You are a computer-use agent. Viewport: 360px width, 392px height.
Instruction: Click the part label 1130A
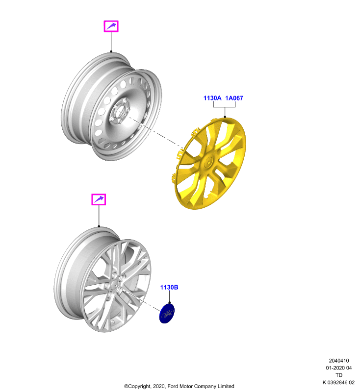[x=212, y=98]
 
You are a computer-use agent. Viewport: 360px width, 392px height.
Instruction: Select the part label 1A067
[x=234, y=98]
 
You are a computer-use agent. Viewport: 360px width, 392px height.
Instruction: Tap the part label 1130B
[x=169, y=288]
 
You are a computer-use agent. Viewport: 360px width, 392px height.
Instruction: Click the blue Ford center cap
[x=167, y=314]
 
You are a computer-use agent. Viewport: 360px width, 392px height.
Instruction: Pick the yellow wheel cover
[x=210, y=164]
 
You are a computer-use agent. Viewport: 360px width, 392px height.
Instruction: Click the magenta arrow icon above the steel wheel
[x=111, y=26]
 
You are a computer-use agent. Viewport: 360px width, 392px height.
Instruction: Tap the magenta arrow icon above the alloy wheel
[x=99, y=199]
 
